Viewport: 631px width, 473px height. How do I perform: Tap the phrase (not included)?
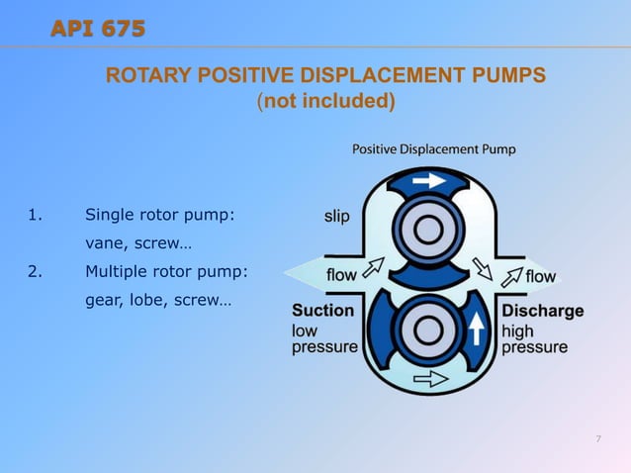(x=325, y=101)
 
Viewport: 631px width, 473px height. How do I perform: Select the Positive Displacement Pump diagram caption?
(x=434, y=149)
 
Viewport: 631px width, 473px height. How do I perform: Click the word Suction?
(x=322, y=311)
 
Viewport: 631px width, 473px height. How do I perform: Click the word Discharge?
(x=542, y=311)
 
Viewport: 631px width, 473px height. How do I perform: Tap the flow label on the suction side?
(x=341, y=276)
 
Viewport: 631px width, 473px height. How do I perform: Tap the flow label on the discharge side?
(x=541, y=276)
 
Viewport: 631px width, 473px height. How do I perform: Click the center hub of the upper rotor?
(x=427, y=231)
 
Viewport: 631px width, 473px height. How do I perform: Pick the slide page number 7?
(x=598, y=438)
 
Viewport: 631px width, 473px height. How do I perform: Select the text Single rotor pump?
(x=160, y=215)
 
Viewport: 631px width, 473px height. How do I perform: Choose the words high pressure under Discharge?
(x=534, y=338)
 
